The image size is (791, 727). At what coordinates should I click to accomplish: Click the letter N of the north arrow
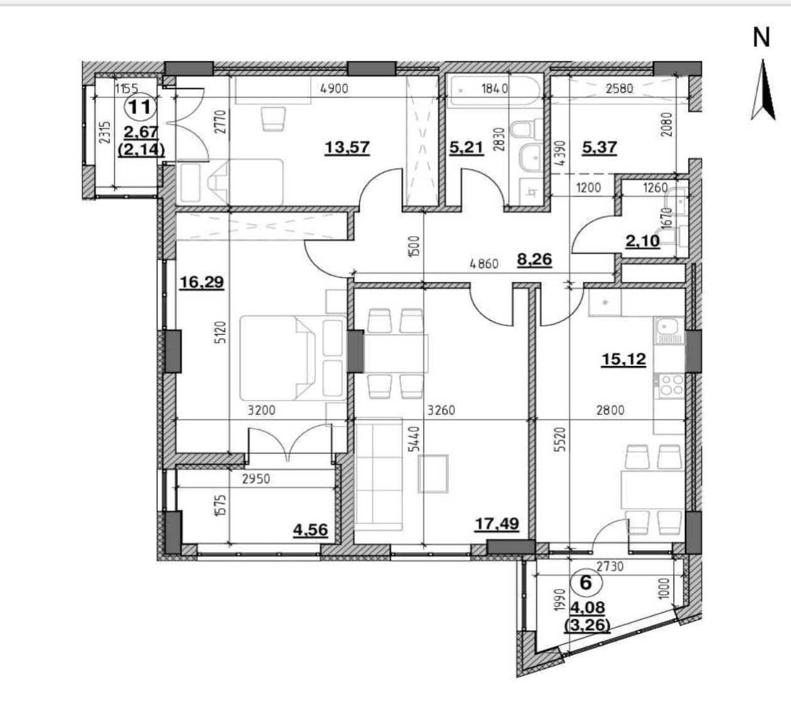click(x=761, y=38)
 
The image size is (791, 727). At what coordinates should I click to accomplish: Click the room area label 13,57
click(x=347, y=148)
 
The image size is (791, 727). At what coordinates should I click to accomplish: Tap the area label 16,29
click(x=202, y=282)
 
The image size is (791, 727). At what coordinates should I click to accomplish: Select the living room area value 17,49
click(x=497, y=524)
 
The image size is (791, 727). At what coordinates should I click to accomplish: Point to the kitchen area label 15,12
click(x=623, y=359)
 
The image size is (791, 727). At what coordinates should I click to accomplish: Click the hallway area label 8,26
click(x=535, y=259)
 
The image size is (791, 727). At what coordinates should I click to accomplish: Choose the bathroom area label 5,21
click(x=466, y=148)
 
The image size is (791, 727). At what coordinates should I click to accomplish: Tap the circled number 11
click(x=140, y=107)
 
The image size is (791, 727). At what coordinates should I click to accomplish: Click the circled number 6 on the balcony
click(x=586, y=583)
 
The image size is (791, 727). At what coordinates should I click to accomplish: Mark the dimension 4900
click(x=334, y=89)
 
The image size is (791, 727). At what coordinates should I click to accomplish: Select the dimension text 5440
click(x=416, y=439)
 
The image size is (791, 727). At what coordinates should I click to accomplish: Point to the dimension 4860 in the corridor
click(x=484, y=264)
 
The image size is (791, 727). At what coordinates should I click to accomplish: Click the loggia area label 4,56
click(x=310, y=530)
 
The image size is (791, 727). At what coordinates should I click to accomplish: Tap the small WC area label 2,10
click(x=643, y=240)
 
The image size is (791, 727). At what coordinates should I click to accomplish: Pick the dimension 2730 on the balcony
click(x=610, y=567)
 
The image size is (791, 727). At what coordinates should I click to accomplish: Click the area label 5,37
click(x=600, y=148)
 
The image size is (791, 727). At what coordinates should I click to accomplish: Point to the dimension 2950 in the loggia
click(x=256, y=479)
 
